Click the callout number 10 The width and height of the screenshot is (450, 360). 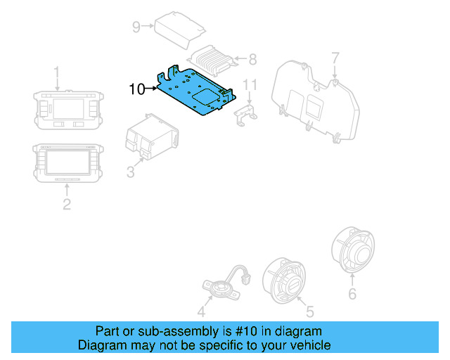pyautogui.click(x=137, y=89)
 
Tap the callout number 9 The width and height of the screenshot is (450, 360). pyautogui.click(x=136, y=27)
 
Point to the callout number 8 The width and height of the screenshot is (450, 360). pyautogui.click(x=253, y=60)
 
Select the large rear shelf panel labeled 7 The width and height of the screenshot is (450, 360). pyautogui.click(x=316, y=98)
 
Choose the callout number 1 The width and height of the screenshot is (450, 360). pyautogui.click(x=58, y=72)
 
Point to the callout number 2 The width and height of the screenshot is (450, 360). pyautogui.click(x=66, y=205)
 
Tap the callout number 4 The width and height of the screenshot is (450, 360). pyautogui.click(x=201, y=312)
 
